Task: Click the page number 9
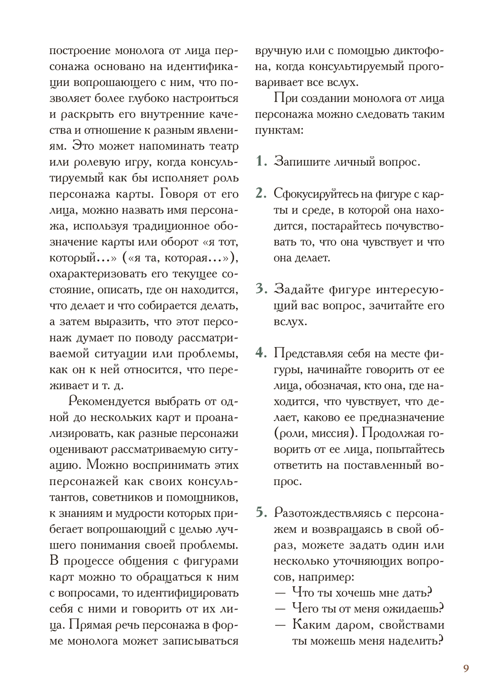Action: [x=466, y=668]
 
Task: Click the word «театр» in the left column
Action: [x=221, y=146]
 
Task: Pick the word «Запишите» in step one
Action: [x=299, y=161]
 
